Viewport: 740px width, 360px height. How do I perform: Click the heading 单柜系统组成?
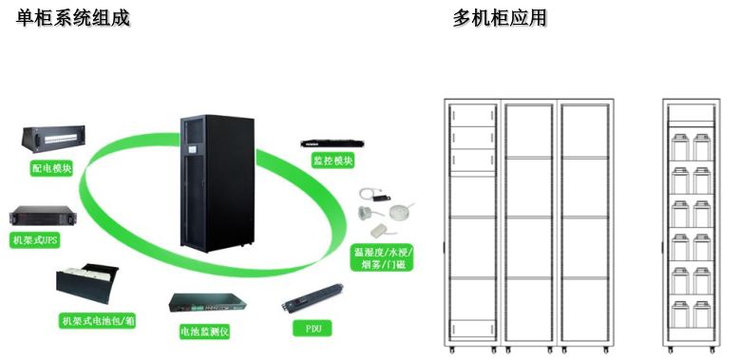[x=73, y=17]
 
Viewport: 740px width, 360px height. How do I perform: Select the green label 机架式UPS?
[x=35, y=241]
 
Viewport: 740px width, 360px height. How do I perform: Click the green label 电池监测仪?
[x=205, y=332]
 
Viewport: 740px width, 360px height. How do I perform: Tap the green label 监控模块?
[x=332, y=161]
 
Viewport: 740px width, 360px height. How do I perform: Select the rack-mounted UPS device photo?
[x=36, y=218]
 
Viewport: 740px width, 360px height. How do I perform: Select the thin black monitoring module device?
[x=332, y=142]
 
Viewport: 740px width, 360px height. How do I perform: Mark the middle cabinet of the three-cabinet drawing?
[x=529, y=224]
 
